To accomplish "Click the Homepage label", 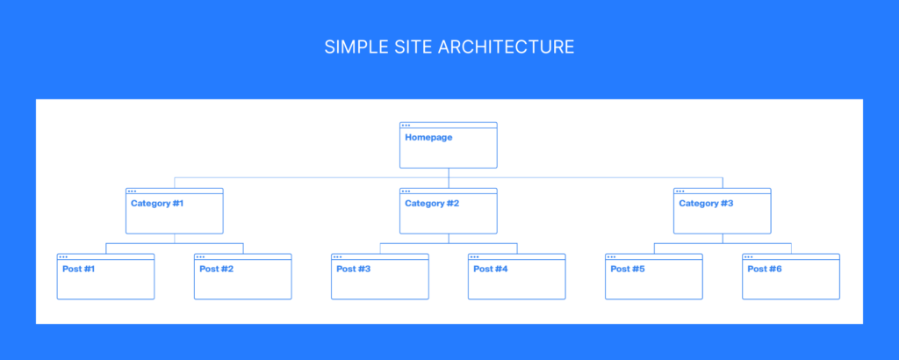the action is [x=428, y=138].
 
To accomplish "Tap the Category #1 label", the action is [x=157, y=204].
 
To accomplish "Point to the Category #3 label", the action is [x=706, y=204].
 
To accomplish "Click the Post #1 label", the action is [x=78, y=269].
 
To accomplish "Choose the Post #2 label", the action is [x=216, y=269].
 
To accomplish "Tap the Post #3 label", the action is [x=353, y=269].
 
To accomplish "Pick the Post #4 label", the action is [x=490, y=269].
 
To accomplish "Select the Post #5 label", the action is [x=627, y=269].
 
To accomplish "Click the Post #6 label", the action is [x=765, y=269].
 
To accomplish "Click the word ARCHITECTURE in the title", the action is [x=507, y=47].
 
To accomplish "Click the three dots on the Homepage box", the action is [x=406, y=125].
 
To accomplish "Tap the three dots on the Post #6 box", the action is [x=748, y=256].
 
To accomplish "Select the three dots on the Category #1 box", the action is [x=132, y=191].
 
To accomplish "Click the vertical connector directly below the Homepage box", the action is [x=449, y=177].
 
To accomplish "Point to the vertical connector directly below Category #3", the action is [x=723, y=239].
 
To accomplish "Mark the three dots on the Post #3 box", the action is [x=337, y=256].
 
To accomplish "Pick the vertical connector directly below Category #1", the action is [x=175, y=239].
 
